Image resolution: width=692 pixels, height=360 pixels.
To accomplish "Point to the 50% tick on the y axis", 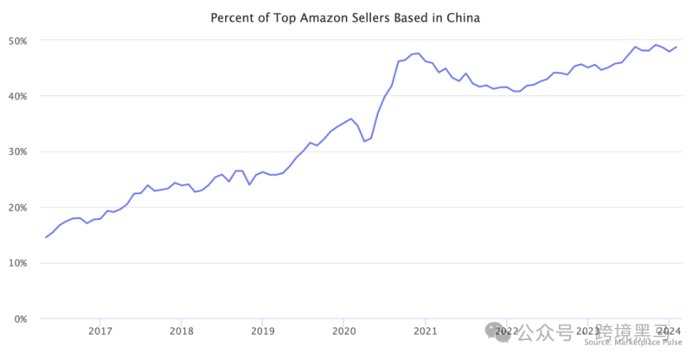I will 18,41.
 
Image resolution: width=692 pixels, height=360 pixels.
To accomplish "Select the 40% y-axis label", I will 18,96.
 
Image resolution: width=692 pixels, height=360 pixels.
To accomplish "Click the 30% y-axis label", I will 18,151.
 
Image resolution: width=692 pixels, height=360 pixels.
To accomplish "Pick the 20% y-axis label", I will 18,208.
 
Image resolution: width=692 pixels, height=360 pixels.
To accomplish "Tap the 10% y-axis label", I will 18,263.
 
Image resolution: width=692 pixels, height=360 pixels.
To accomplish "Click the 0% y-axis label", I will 21,318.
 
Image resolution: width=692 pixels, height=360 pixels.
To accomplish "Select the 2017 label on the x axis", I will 100,331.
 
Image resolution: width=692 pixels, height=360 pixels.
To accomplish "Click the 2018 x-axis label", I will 181,331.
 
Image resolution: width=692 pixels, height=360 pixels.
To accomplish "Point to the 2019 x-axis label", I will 262,331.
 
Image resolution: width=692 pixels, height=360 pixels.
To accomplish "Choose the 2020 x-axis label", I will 343,331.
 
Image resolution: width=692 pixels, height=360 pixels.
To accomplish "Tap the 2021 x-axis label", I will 425,331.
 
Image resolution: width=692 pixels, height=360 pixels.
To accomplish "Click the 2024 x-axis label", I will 668,331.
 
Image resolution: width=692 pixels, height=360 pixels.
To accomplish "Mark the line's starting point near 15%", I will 46,237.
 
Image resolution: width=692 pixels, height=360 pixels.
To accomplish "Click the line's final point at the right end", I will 676,47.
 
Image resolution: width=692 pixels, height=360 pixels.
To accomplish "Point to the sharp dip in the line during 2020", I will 364,141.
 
